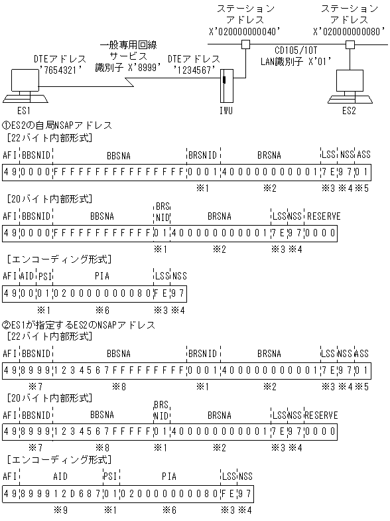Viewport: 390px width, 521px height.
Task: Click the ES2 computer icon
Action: click(x=348, y=86)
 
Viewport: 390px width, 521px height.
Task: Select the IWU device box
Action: click(x=227, y=84)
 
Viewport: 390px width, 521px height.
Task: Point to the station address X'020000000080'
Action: click(x=349, y=31)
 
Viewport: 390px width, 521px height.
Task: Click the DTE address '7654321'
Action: click(x=60, y=68)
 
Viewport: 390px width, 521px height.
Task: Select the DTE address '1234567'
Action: click(x=193, y=68)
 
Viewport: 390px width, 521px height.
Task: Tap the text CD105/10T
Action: click(x=299, y=49)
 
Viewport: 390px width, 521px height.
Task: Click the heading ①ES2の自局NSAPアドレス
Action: click(x=57, y=125)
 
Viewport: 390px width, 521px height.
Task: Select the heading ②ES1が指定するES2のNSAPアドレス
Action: click(x=79, y=325)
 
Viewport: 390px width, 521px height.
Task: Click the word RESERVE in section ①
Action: click(x=322, y=216)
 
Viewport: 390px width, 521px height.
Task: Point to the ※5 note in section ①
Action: click(x=363, y=188)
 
